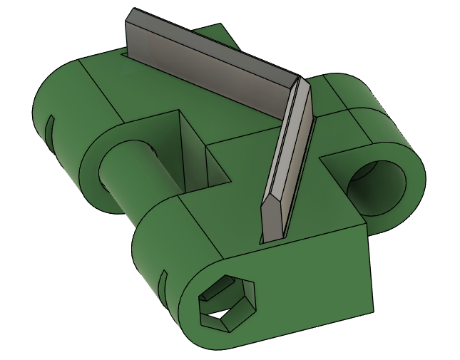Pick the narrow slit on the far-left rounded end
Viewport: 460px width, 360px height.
click(x=51, y=128)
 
